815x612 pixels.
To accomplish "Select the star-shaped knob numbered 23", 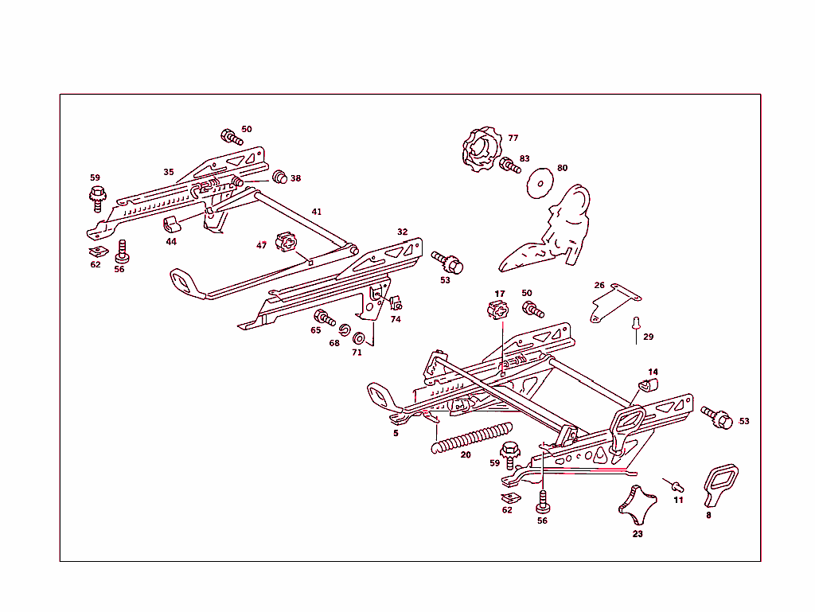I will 637,501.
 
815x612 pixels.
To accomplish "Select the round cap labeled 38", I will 279,177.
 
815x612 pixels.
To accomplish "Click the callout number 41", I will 317,212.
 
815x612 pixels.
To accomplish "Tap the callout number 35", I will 169,172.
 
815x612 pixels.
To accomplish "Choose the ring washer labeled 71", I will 358,337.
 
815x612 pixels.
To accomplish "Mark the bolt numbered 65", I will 324,318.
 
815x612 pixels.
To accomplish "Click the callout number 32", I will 403,232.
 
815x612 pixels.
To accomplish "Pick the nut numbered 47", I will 287,242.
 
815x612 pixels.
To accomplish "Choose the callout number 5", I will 396,434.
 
